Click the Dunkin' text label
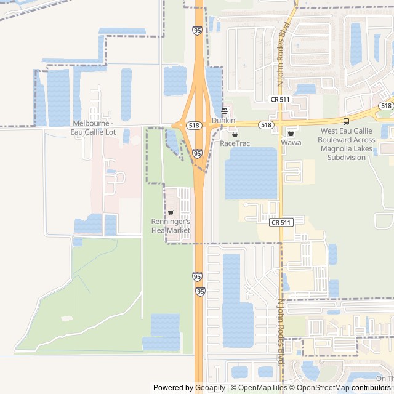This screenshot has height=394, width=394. (x=224, y=121)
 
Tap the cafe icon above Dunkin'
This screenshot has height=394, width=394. (x=224, y=111)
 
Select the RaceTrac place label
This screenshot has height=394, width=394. (x=235, y=143)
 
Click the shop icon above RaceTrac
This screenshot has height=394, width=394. (x=235, y=134)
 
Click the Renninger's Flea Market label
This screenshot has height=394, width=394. (x=171, y=226)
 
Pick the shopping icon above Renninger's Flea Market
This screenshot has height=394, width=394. (x=171, y=212)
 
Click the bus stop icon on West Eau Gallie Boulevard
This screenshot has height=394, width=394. (x=346, y=121)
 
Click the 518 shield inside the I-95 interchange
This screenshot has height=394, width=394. (x=195, y=125)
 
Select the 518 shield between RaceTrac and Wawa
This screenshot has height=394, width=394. (x=266, y=125)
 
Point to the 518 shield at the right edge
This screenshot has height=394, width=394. (x=385, y=106)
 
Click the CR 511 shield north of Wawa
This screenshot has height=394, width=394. (x=280, y=99)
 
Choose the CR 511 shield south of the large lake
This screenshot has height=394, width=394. (x=280, y=222)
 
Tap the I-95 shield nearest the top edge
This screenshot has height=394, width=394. (x=197, y=30)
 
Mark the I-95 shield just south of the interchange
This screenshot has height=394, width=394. (x=197, y=153)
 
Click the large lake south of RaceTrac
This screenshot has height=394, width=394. (x=251, y=173)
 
